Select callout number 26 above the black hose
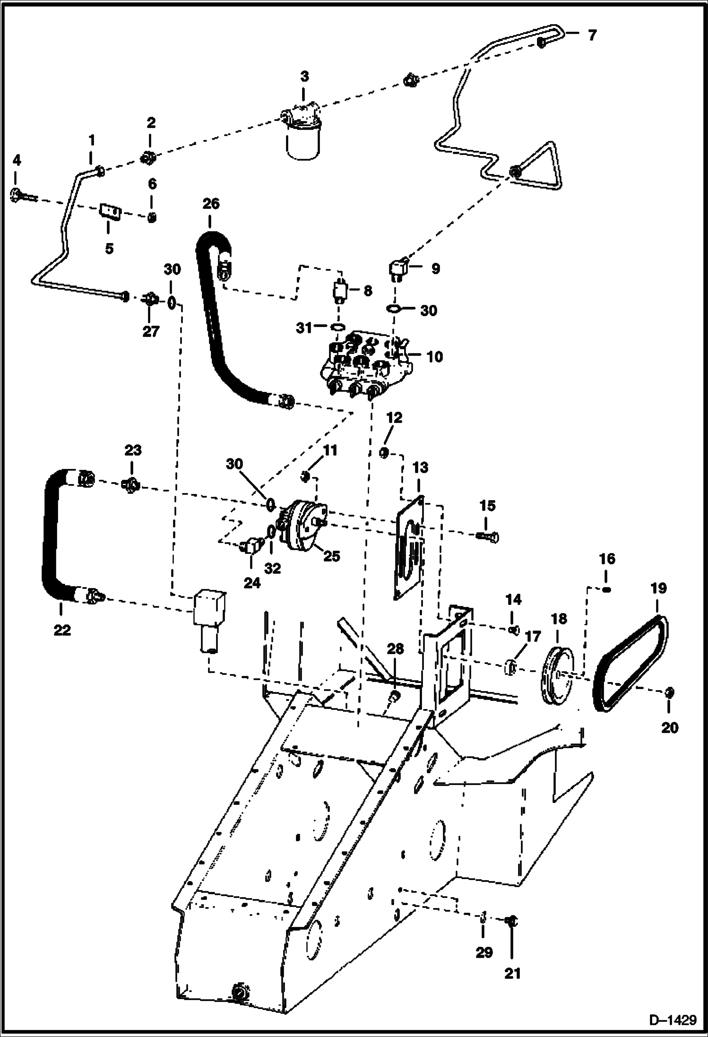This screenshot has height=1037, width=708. coord(211,204)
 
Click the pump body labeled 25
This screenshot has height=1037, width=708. coord(302,525)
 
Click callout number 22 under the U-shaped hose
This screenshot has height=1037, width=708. coord(62,630)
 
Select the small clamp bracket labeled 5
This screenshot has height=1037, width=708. coord(110,211)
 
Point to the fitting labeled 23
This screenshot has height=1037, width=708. coord(131,484)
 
